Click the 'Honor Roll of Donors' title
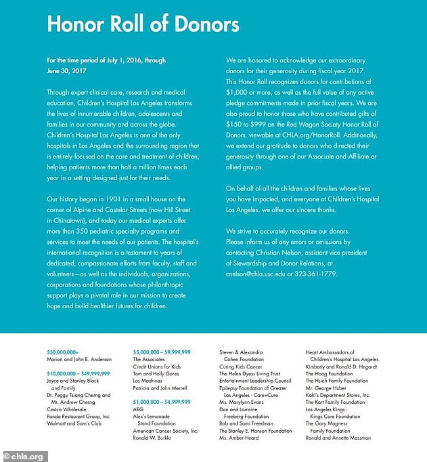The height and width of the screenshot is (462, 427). point(143,25)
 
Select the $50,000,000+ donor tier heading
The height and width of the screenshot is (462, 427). point(63,352)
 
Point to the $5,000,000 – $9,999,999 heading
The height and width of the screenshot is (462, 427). point(162,352)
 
